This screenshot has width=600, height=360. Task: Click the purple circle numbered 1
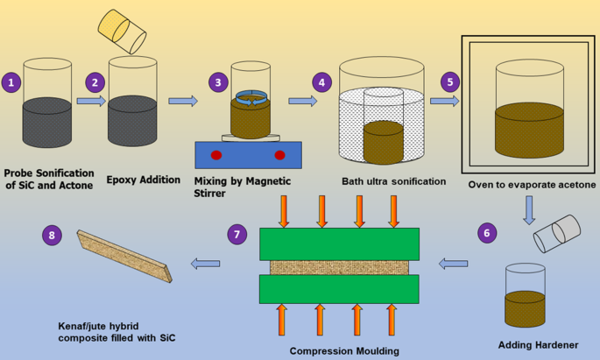tap(11, 82)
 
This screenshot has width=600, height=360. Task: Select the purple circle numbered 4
tap(322, 82)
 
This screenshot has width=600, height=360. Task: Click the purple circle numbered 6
tap(488, 233)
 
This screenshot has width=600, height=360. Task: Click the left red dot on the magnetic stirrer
tap(216, 155)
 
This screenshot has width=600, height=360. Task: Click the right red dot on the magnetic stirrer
tap(279, 155)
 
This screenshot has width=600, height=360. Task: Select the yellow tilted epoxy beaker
tap(124, 32)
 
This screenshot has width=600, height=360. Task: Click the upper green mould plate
tap(339, 244)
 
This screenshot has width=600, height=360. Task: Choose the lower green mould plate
tap(339, 289)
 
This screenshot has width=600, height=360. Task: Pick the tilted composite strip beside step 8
tap(124, 256)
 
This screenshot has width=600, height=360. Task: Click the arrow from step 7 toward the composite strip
tap(205, 262)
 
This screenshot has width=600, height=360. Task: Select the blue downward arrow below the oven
tap(530, 210)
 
